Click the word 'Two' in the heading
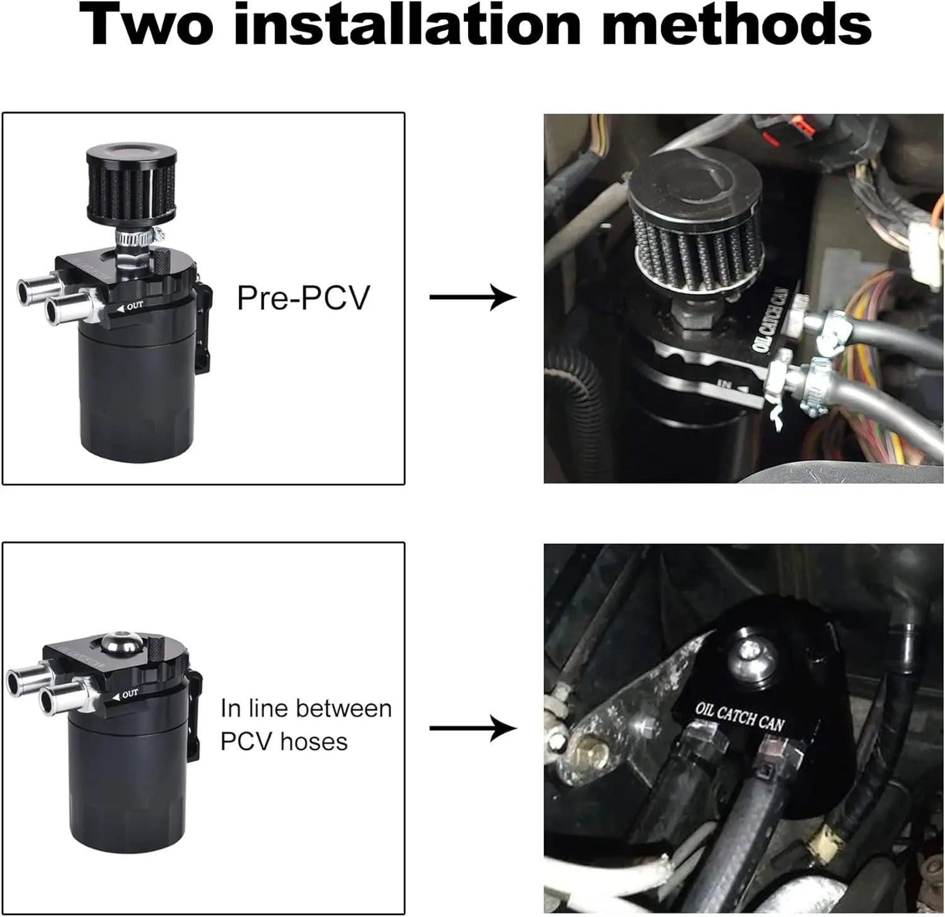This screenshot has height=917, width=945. tap(150, 26)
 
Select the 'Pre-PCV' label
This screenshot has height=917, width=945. tap(302, 297)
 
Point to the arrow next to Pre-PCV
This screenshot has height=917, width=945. tap(472, 297)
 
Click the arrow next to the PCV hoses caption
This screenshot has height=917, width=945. tap(472, 729)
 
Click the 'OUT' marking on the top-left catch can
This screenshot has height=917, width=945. tap(134, 306)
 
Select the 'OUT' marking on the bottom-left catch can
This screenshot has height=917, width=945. tap(129, 694)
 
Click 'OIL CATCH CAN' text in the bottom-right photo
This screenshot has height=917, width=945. tap(740, 715)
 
